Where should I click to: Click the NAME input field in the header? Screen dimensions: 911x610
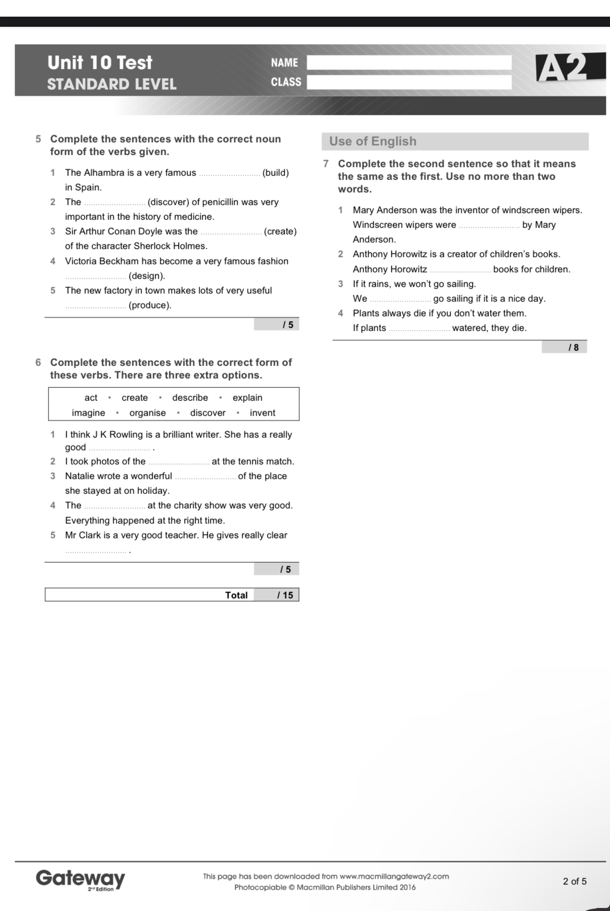click(x=409, y=63)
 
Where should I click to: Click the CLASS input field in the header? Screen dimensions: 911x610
click(x=409, y=82)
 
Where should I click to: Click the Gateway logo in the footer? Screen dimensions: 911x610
click(x=80, y=879)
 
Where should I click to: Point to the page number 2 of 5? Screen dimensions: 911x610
click(x=575, y=881)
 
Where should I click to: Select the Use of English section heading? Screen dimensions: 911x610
click(x=373, y=142)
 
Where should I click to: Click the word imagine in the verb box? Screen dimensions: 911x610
click(x=89, y=413)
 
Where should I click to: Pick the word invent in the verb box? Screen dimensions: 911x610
click(x=263, y=413)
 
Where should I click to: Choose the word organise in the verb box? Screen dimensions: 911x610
click(x=148, y=413)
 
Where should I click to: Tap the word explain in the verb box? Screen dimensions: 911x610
click(x=247, y=398)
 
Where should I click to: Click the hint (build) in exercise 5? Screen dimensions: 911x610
click(x=276, y=173)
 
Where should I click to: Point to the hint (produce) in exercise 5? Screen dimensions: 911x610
click(x=150, y=305)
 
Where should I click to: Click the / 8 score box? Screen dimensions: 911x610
click(x=564, y=347)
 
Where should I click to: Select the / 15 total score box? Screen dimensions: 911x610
click(x=276, y=595)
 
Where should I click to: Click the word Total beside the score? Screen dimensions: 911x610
click(x=236, y=595)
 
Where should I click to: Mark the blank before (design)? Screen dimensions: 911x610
click(x=96, y=277)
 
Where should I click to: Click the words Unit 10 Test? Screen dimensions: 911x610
click(x=100, y=63)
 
